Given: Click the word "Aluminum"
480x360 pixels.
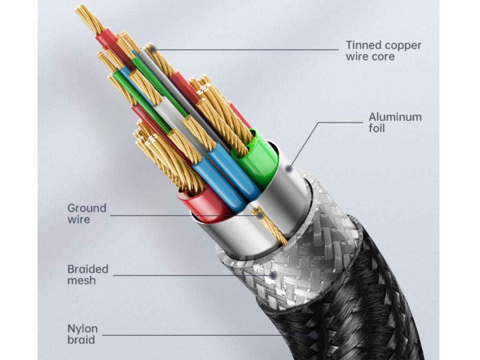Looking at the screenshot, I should tap(395, 117).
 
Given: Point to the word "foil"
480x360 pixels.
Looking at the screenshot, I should tap(376, 128).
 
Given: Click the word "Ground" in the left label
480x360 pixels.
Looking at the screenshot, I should tap(87, 208).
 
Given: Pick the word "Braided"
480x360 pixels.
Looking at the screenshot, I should tap(88, 269).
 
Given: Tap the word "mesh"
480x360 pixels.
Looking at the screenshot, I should tap(82, 280).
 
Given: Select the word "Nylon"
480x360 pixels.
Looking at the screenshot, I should tap(82, 329).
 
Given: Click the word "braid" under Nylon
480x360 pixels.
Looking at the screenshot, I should tap(81, 340).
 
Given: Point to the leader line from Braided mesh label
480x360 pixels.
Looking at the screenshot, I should tap(187, 275).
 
